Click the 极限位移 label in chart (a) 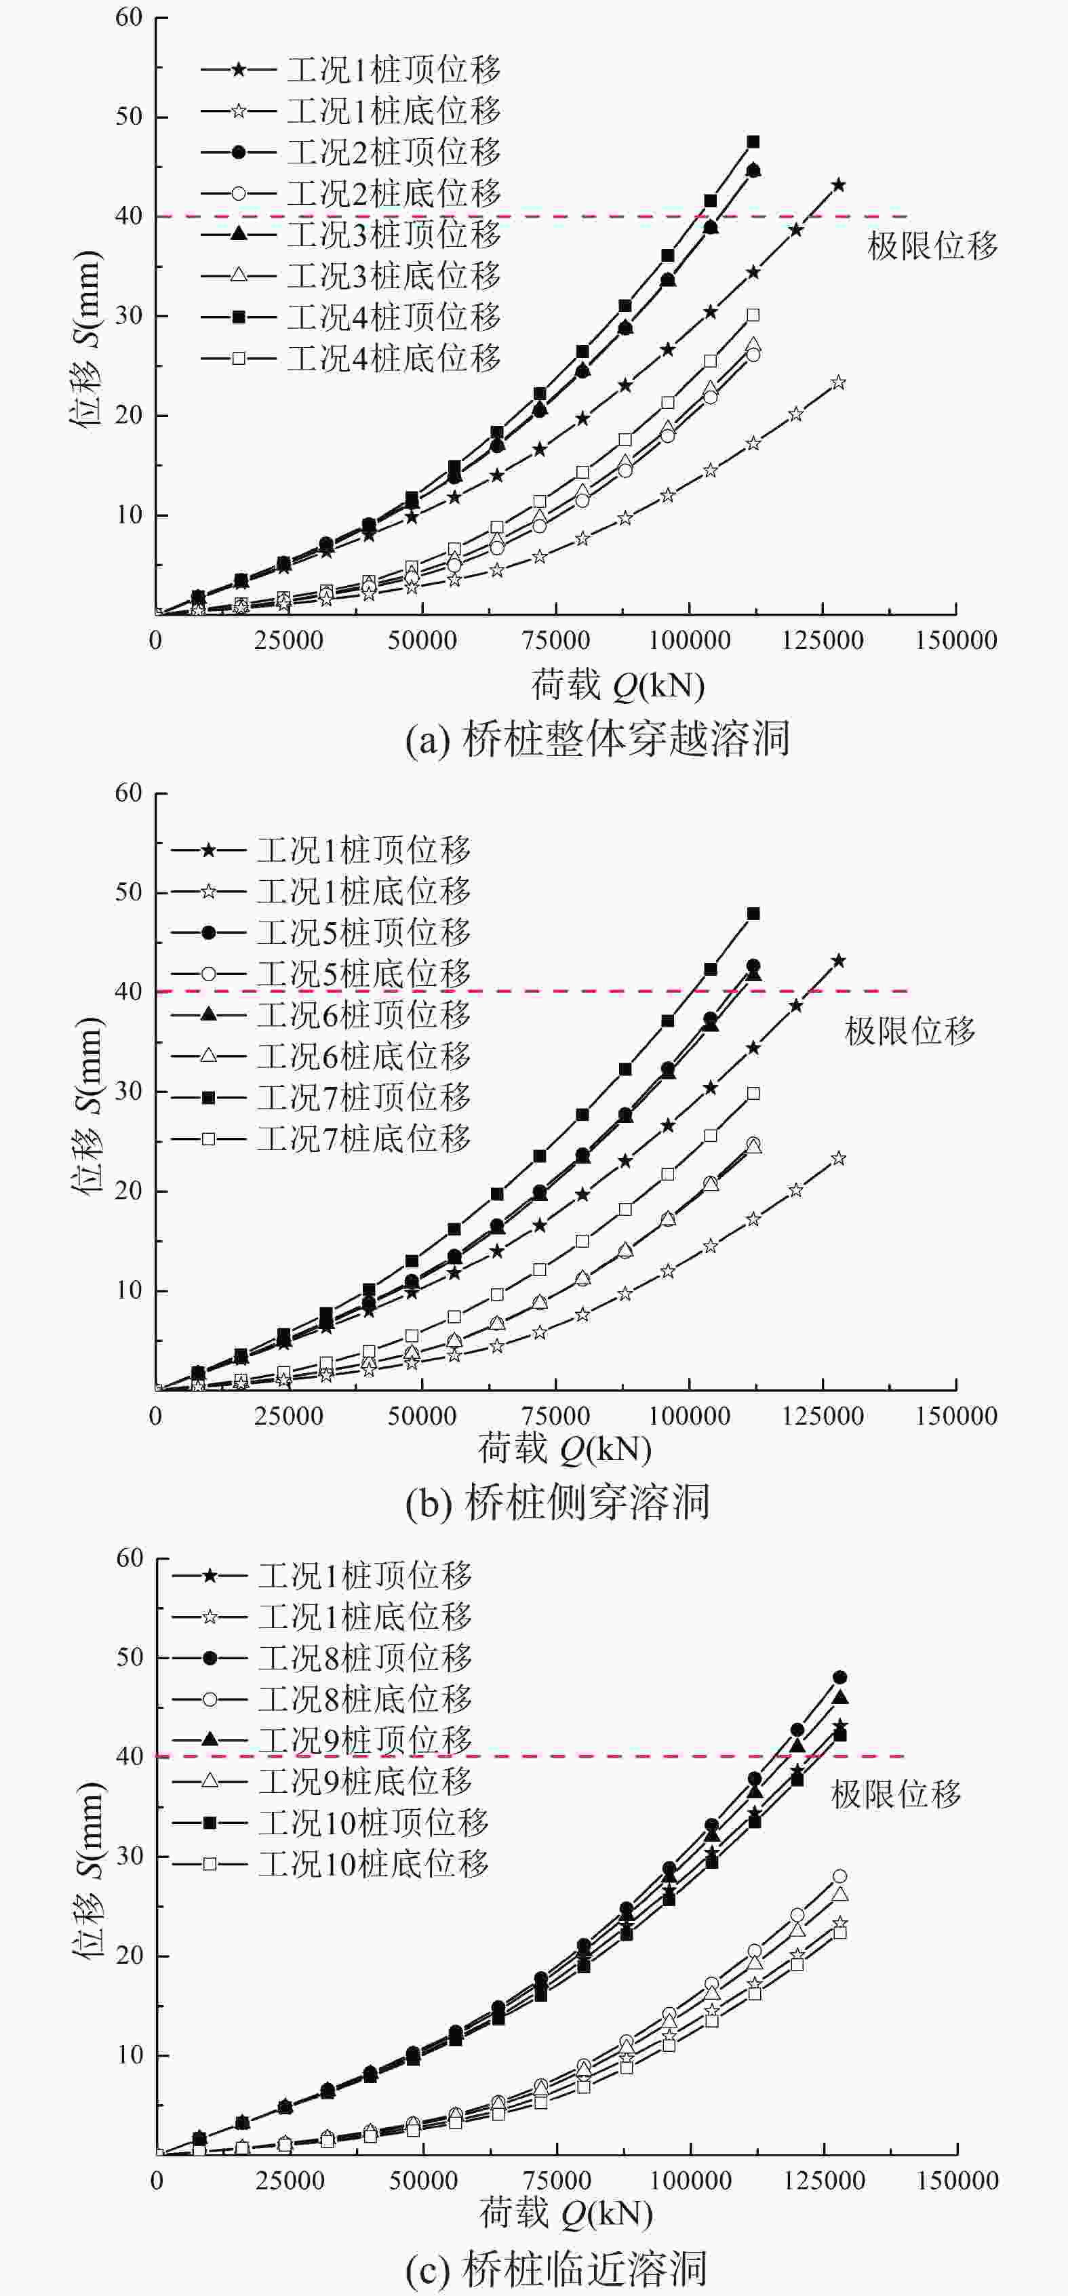tap(932, 246)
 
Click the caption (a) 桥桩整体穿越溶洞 tap(597, 740)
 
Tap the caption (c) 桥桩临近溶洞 tap(556, 2270)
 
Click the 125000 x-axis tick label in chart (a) tap(823, 640)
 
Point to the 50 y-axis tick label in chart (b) tap(130, 892)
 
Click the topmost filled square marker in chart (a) tap(753, 142)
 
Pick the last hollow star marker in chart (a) tap(838, 382)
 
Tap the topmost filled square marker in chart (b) tap(753, 913)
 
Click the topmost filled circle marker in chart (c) tap(839, 1678)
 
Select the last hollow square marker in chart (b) tap(753, 1094)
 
